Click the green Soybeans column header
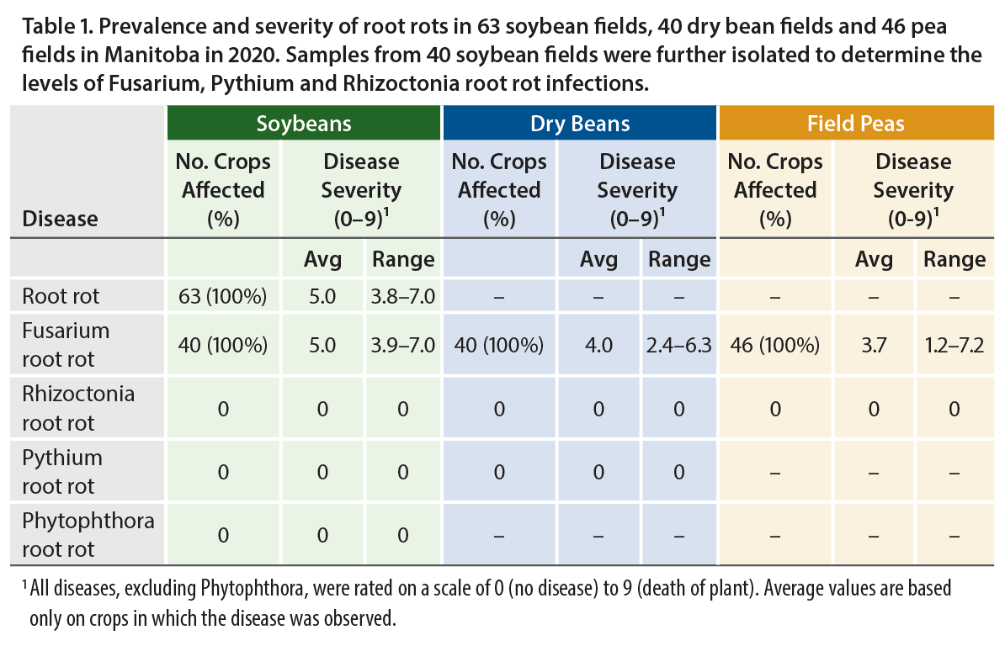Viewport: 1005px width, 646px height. tap(304, 124)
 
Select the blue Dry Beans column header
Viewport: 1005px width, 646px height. tap(579, 124)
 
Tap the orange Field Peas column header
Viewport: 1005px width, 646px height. tap(855, 124)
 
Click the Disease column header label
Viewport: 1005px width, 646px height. tap(60, 219)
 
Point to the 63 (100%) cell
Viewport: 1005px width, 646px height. tap(223, 296)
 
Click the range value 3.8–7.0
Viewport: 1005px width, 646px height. tap(402, 296)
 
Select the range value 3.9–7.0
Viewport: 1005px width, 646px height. tap(402, 345)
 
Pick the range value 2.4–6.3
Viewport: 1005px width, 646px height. tap(679, 345)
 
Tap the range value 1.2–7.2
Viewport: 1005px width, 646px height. tap(954, 345)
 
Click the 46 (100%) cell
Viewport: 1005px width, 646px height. tap(775, 345)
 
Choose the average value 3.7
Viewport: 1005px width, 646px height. tap(874, 345)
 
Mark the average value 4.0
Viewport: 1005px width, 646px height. tap(598, 345)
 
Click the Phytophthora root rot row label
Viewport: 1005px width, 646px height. tap(88, 535)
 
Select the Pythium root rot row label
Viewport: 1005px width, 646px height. tap(62, 472)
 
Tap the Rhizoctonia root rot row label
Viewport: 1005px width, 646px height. tap(78, 408)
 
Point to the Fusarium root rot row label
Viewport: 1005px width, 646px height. tap(66, 345)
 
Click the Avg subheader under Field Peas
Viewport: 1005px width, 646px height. tap(874, 259)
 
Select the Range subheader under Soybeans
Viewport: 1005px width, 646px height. tap(402, 259)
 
